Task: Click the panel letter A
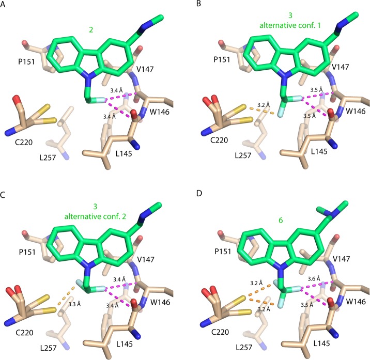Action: tap(5, 5)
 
